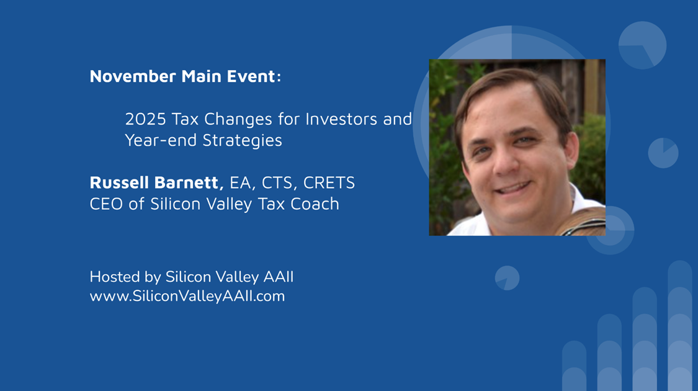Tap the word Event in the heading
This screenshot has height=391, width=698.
point(251,76)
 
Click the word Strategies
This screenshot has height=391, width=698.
point(242,141)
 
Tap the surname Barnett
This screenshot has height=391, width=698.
point(189,183)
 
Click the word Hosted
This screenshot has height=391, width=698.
point(114,277)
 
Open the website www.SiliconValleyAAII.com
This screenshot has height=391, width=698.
point(187,296)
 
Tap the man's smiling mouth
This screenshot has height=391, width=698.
point(513,187)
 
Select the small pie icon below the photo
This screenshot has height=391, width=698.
point(507,278)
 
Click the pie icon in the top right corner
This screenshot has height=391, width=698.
point(642,45)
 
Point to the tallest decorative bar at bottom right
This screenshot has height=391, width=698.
point(680,326)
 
